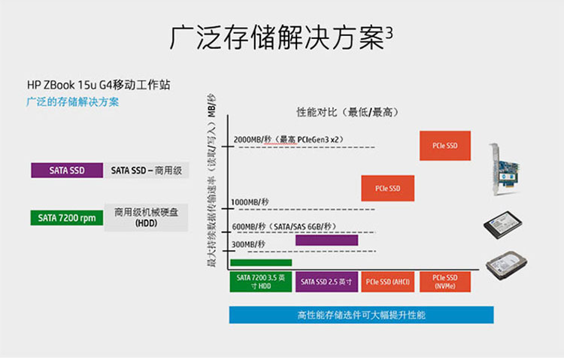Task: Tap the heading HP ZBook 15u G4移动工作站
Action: [x=99, y=85]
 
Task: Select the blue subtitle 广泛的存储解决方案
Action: [x=72, y=101]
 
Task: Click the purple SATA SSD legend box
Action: [x=67, y=171]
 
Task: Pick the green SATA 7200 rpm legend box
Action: [x=67, y=218]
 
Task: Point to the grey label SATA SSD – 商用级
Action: [x=147, y=171]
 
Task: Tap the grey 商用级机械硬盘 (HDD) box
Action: [x=146, y=217]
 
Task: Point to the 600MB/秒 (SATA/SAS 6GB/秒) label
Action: [x=284, y=226]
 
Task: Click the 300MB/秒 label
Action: [x=249, y=244]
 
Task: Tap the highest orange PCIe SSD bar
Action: [x=444, y=145]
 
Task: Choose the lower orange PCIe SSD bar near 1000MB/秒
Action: [x=388, y=188]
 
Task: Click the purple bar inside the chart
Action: [x=326, y=241]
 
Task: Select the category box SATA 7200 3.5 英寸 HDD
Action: [x=261, y=282]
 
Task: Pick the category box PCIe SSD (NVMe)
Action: [x=444, y=282]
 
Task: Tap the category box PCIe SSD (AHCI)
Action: [x=388, y=282]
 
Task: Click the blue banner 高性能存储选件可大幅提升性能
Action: [x=361, y=315]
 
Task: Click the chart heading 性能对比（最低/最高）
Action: [x=346, y=112]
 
